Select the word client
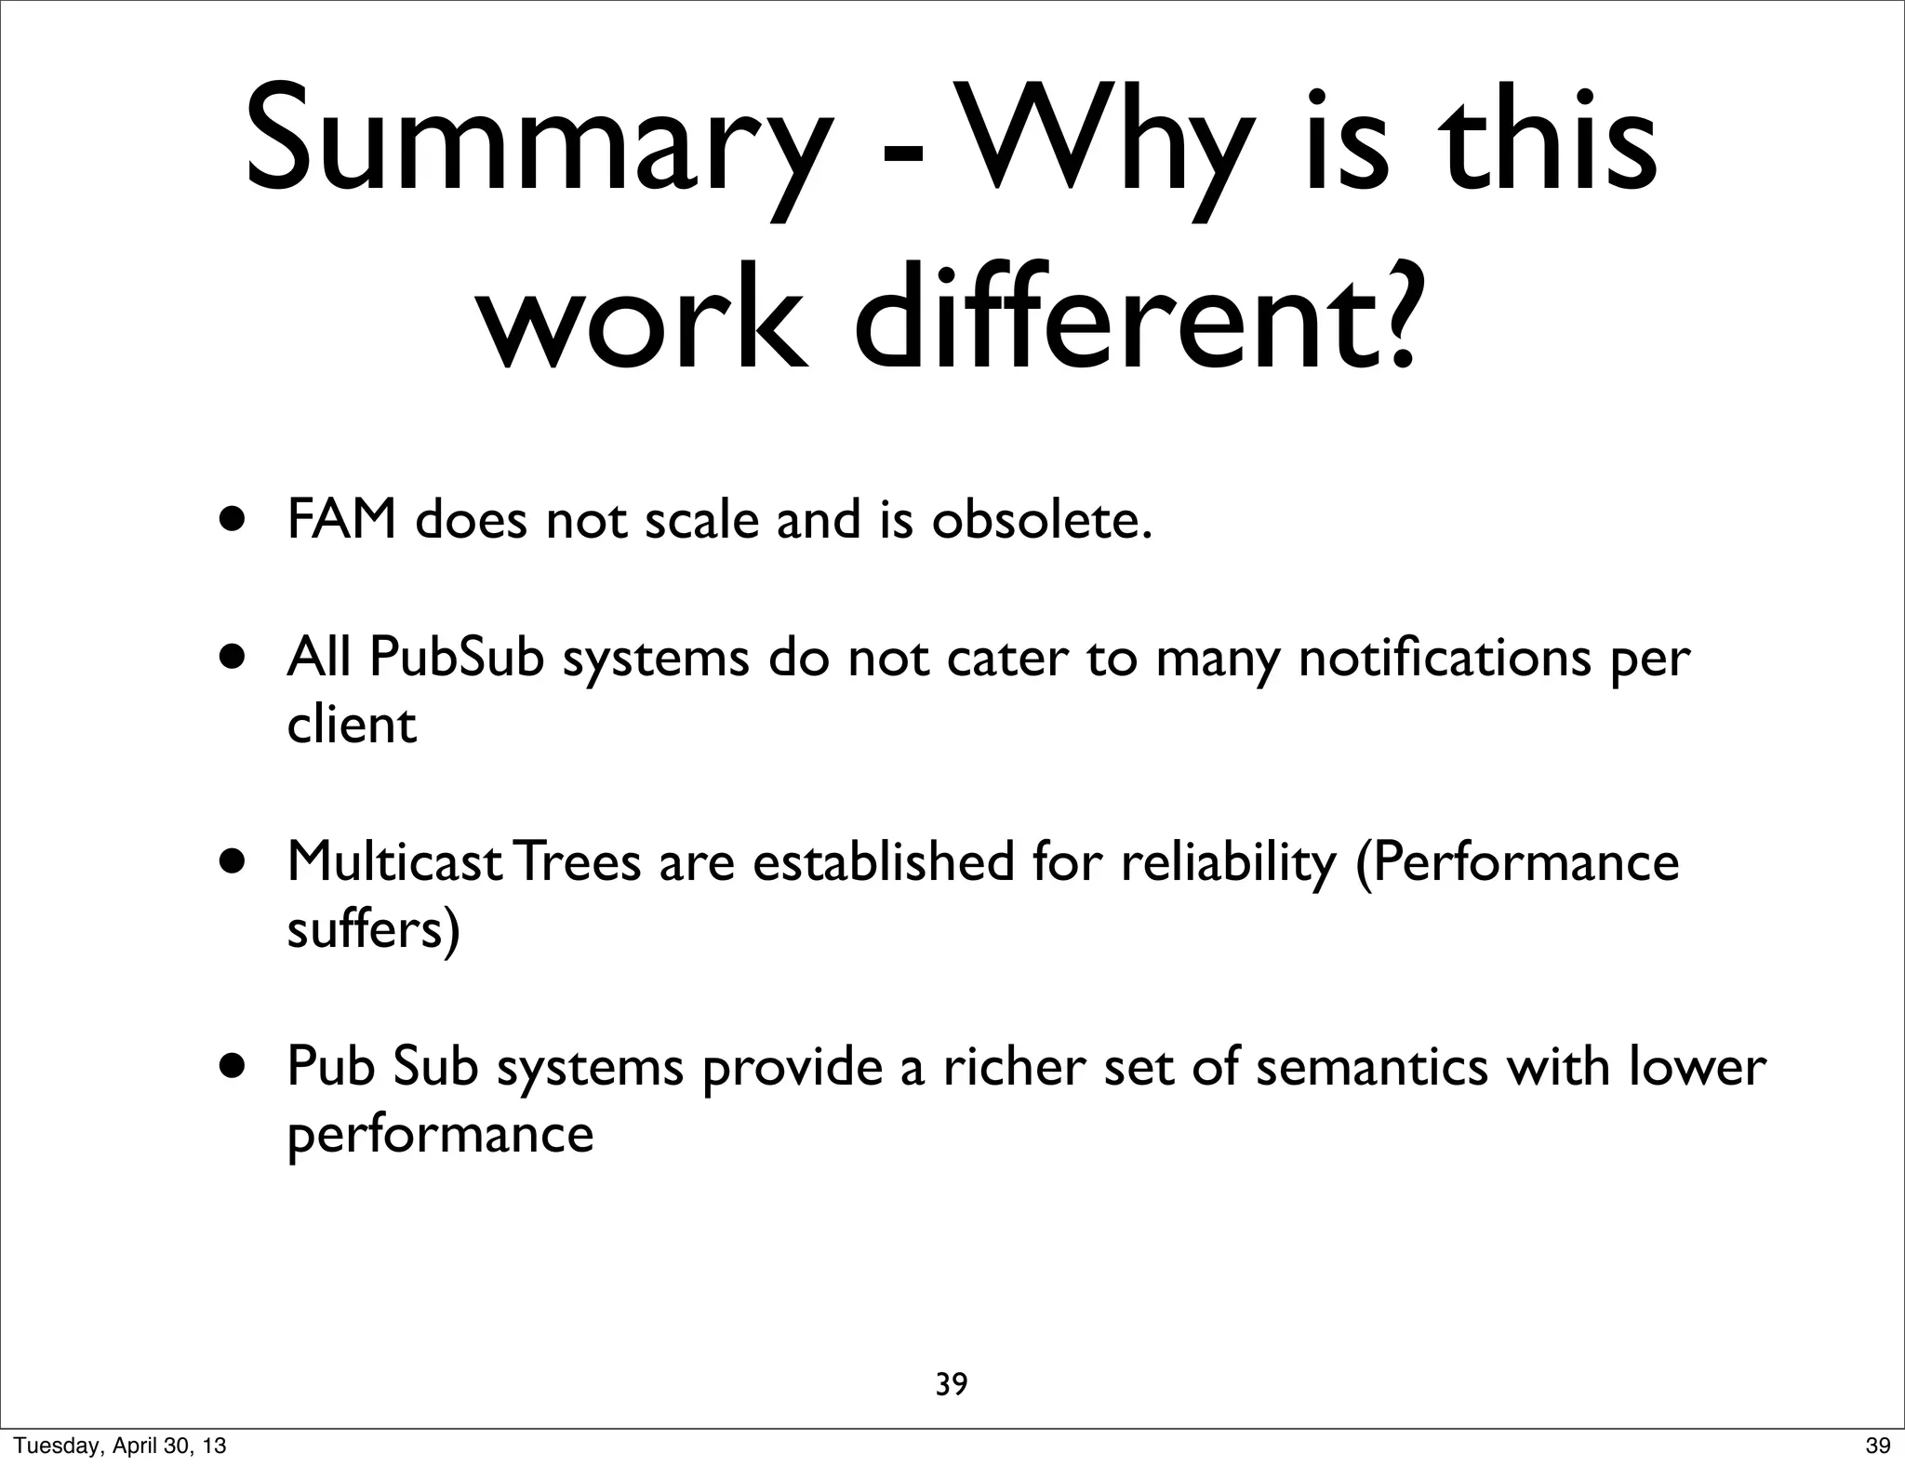351,725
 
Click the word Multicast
394,860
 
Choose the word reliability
1228,860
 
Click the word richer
1014,1065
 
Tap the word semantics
1371,1065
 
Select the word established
883,860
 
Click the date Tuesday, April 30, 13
120,1446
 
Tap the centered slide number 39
951,1384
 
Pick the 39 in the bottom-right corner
1877,1446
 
